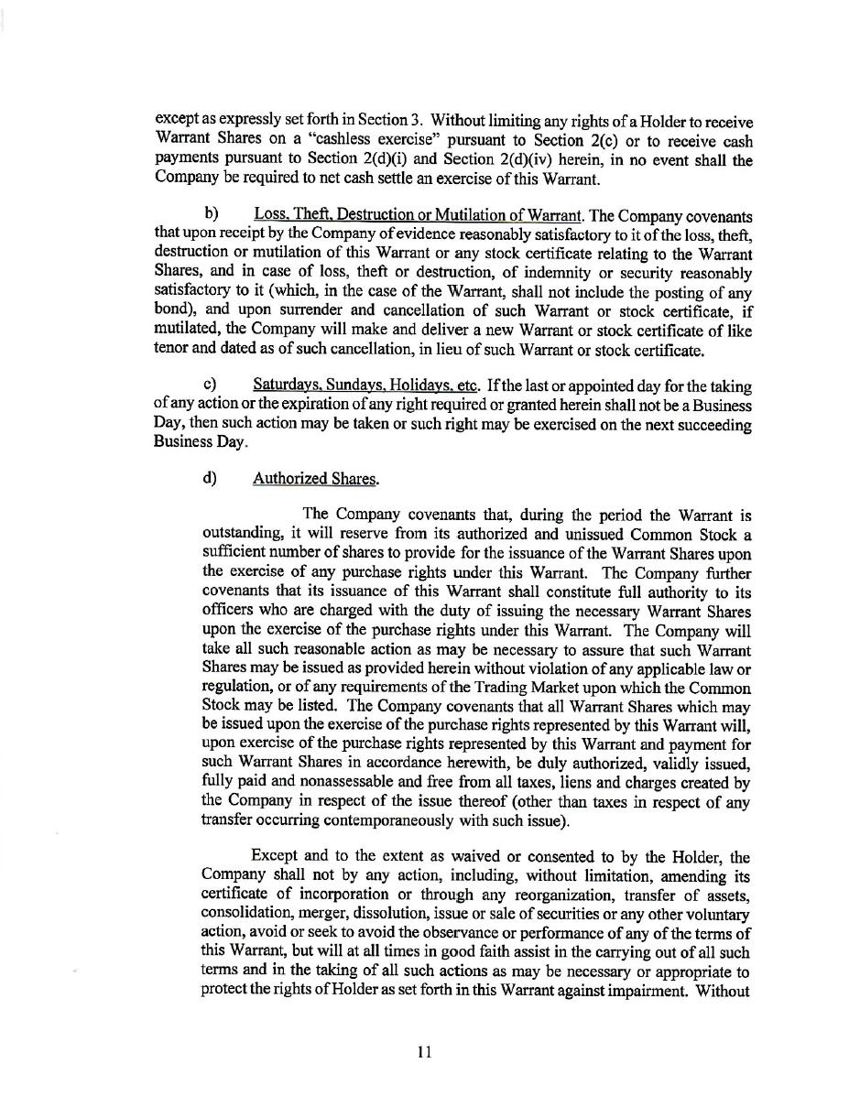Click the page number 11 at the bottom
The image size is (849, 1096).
tap(424, 1052)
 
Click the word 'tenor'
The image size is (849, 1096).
tap(171, 350)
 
